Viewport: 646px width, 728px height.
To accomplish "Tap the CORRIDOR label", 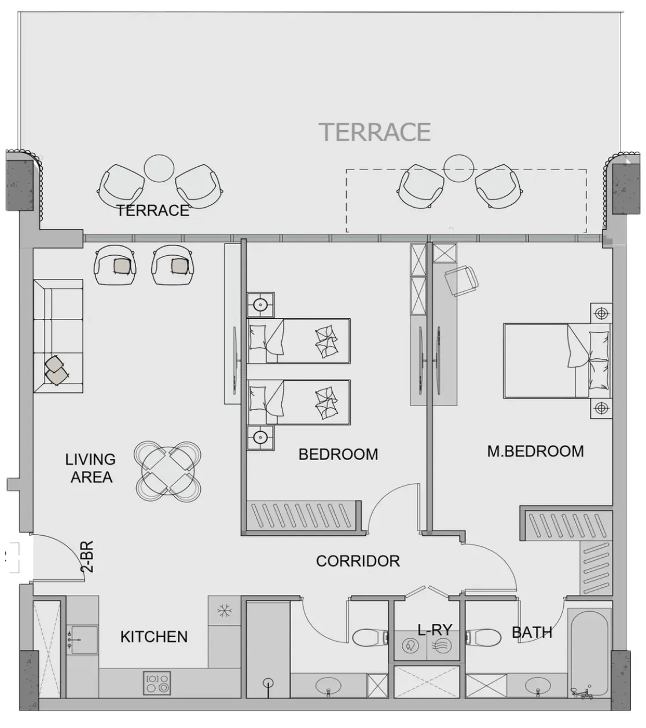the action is click(x=358, y=561).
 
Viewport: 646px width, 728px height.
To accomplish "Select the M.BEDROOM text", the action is click(x=535, y=451).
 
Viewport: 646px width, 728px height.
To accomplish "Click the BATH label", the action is click(x=532, y=633).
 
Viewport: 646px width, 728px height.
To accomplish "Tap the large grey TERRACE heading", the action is click(x=375, y=132).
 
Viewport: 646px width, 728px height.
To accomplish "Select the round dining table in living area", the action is click(x=168, y=470).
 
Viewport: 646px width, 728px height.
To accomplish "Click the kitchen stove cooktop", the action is click(x=157, y=683).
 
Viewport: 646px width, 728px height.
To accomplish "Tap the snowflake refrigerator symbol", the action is click(x=225, y=611).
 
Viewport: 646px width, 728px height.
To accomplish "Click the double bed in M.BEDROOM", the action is click(x=556, y=361).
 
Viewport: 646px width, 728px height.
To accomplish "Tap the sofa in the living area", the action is click(x=58, y=336).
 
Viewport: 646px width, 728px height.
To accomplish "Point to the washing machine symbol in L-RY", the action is click(x=410, y=647).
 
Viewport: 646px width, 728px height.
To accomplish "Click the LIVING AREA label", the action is click(x=91, y=468).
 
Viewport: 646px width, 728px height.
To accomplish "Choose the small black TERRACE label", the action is click(x=153, y=211).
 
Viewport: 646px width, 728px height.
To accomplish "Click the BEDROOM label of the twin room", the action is click(x=338, y=454).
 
